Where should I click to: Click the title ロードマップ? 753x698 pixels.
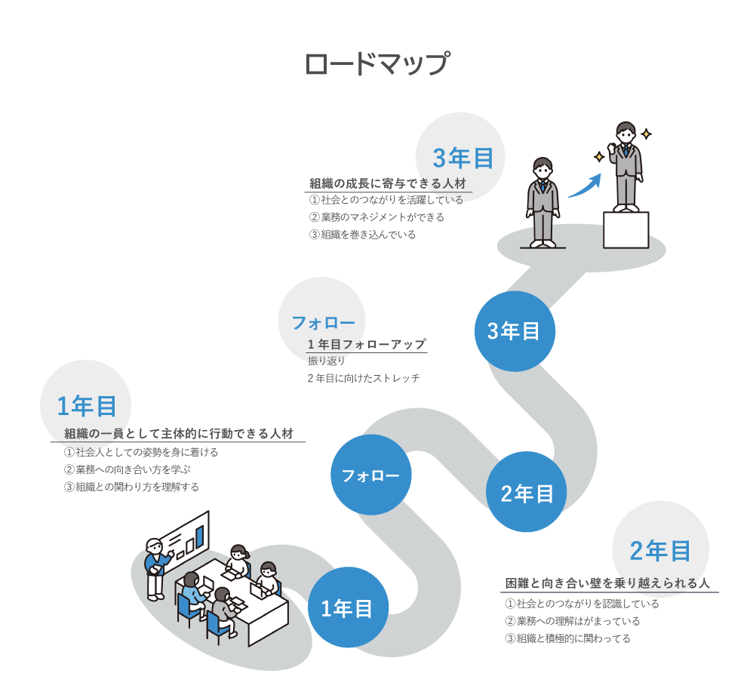click(x=376, y=64)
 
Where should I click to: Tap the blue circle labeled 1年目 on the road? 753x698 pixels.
click(x=348, y=608)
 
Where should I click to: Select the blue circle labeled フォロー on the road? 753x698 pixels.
click(x=370, y=475)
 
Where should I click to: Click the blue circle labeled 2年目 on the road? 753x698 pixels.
click(x=527, y=493)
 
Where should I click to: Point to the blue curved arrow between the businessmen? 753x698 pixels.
click(x=584, y=186)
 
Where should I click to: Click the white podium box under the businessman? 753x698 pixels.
click(x=625, y=229)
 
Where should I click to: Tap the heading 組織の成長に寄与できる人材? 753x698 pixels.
click(x=388, y=183)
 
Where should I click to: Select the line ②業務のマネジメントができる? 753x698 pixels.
click(x=376, y=217)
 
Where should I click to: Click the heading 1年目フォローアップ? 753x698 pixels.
click(x=367, y=344)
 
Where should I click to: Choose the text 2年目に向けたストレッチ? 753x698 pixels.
click(x=364, y=378)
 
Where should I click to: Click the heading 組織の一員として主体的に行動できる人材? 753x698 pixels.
click(x=178, y=434)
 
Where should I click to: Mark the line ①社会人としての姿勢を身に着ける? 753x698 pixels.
click(x=141, y=453)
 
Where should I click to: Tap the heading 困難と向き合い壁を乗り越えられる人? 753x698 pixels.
click(x=607, y=584)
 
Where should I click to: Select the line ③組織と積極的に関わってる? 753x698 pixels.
click(x=567, y=638)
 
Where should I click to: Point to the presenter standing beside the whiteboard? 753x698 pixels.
click(x=156, y=567)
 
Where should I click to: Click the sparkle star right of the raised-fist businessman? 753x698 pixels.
click(x=646, y=134)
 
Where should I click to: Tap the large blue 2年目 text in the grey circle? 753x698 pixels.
click(x=660, y=551)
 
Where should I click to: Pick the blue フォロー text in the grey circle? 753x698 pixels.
click(x=323, y=323)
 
